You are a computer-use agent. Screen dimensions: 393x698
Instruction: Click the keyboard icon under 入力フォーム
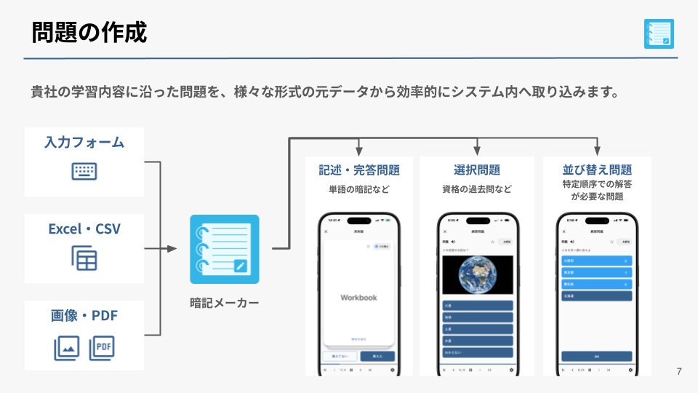tap(84, 172)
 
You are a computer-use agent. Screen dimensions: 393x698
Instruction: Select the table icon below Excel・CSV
tap(84, 258)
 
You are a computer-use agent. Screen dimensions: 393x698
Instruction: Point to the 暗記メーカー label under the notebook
tap(224, 302)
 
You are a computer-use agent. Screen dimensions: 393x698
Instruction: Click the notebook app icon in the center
tap(224, 249)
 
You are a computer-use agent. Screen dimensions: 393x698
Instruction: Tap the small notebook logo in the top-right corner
tap(659, 33)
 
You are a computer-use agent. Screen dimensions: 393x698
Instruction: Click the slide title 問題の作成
tap(89, 32)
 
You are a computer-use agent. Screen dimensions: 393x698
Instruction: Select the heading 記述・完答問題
tap(359, 170)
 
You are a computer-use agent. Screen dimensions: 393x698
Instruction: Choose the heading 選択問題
tap(477, 170)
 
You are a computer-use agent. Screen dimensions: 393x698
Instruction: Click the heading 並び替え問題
tap(597, 170)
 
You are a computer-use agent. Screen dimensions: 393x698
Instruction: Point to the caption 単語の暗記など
tap(359, 189)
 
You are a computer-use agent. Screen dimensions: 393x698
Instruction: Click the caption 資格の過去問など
tap(477, 189)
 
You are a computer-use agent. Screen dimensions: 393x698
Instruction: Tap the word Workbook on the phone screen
tap(359, 297)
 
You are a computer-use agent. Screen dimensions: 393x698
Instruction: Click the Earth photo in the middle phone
tap(477, 274)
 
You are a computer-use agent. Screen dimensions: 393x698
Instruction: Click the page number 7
tap(679, 372)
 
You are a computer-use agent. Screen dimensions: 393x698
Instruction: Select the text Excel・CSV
tap(84, 229)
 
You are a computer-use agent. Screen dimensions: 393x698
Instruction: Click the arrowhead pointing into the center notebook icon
tap(172, 249)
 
